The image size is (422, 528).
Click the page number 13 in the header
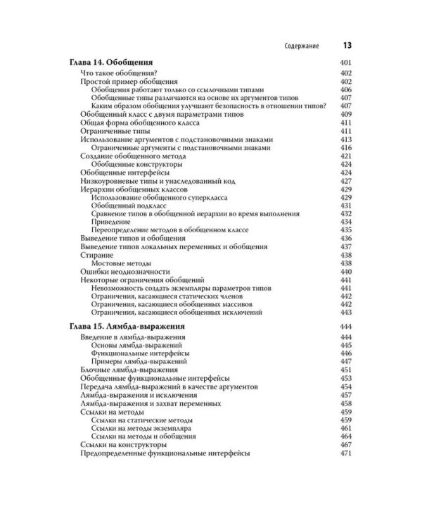(x=347, y=46)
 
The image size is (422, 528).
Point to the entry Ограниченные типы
(x=113, y=132)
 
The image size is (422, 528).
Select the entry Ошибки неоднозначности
(x=126, y=270)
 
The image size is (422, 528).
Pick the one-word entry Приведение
(x=111, y=222)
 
